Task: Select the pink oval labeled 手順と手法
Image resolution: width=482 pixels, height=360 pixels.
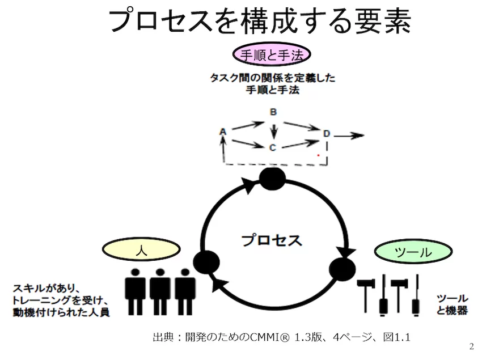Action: point(273,56)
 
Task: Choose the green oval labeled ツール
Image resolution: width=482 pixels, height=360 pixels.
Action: point(412,253)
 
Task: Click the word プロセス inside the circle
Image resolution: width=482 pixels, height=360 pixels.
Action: point(272,240)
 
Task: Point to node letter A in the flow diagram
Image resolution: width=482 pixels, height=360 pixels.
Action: point(223,132)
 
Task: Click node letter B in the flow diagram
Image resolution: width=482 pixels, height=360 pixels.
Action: point(273,112)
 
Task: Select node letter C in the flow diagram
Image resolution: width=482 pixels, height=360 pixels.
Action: point(272,148)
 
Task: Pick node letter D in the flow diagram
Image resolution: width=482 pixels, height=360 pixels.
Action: point(327,133)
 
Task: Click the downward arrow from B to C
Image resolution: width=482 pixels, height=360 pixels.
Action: point(274,132)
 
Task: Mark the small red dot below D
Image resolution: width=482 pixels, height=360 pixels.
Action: point(319,154)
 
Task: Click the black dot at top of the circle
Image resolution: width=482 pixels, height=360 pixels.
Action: point(272,180)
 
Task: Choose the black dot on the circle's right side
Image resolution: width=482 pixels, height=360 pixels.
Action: point(342,268)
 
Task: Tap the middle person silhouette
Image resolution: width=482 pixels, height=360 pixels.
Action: point(160,291)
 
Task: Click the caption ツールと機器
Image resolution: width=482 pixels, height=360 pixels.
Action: point(452,304)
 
